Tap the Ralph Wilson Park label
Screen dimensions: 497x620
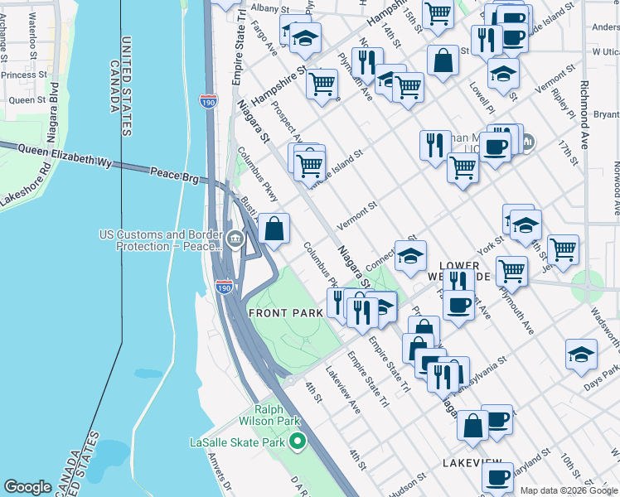pos(269,413)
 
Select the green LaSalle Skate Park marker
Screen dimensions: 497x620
pos(293,441)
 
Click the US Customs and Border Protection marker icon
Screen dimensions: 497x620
pos(235,240)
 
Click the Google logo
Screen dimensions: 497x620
pos(27,487)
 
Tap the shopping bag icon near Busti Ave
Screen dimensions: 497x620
pos(274,229)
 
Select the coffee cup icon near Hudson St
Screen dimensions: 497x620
pos(497,477)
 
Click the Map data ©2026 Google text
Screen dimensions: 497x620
pos(568,490)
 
